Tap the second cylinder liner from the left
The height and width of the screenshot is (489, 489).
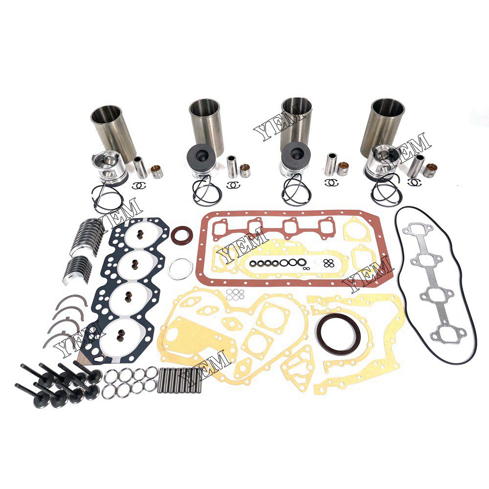pos(205,125)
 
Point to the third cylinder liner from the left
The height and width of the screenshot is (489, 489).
pos(297,124)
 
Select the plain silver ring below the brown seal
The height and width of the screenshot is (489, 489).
pos(180,268)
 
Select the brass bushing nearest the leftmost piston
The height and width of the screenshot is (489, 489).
pos(157,171)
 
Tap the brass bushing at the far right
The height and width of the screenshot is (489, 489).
pos(431,170)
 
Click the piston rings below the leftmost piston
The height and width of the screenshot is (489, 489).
pos(107,196)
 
